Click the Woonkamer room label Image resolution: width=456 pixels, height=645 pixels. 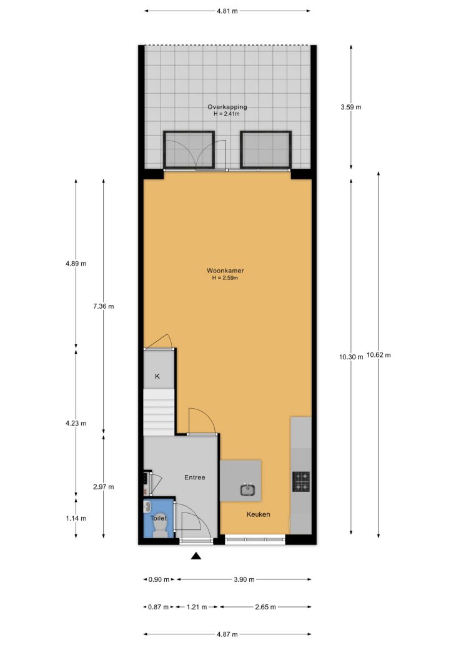[225, 271]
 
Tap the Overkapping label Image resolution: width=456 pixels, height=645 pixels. [227, 107]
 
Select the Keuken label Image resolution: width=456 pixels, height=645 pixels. [258, 514]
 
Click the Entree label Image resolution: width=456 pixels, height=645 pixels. [194, 477]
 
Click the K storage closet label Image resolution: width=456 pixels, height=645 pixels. [157, 376]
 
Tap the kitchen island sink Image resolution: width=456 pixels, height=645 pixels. [248, 489]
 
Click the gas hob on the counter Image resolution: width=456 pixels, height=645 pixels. [301, 482]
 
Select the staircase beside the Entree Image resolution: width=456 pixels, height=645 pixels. [159, 412]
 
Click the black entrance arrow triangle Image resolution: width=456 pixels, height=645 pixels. [197, 556]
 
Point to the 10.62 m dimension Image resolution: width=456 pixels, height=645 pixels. [379, 355]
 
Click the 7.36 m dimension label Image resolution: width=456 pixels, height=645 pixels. [104, 306]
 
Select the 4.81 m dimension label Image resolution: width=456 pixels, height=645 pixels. [227, 11]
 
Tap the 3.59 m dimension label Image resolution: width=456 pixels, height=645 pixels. [351, 107]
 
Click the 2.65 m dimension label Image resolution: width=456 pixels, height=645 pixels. [265, 607]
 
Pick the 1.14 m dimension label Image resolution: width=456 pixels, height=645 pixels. [76, 518]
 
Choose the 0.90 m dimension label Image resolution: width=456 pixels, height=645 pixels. [159, 579]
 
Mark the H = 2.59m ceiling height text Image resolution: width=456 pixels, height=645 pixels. [225, 278]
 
